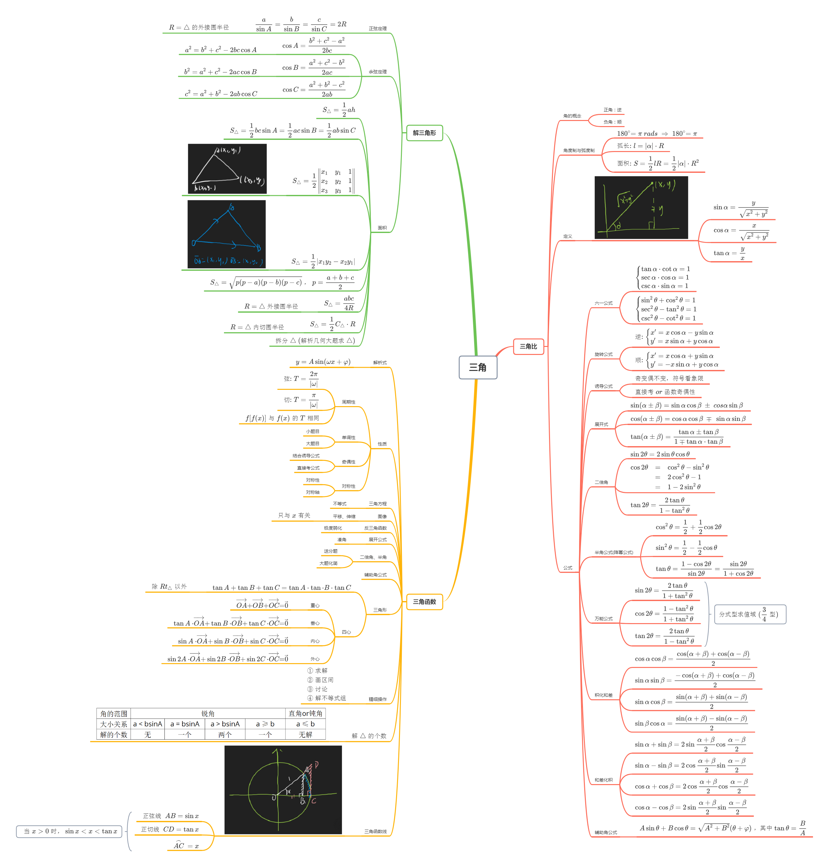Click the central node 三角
point(478,367)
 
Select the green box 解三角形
point(424,132)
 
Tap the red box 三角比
point(529,347)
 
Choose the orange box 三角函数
point(424,602)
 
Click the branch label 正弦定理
point(378,29)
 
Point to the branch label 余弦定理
point(378,72)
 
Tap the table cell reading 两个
point(225,735)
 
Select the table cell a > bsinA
point(225,724)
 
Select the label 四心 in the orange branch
point(347,632)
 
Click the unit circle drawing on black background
point(283,790)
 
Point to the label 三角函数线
point(375,831)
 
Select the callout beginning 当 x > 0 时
point(69,831)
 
